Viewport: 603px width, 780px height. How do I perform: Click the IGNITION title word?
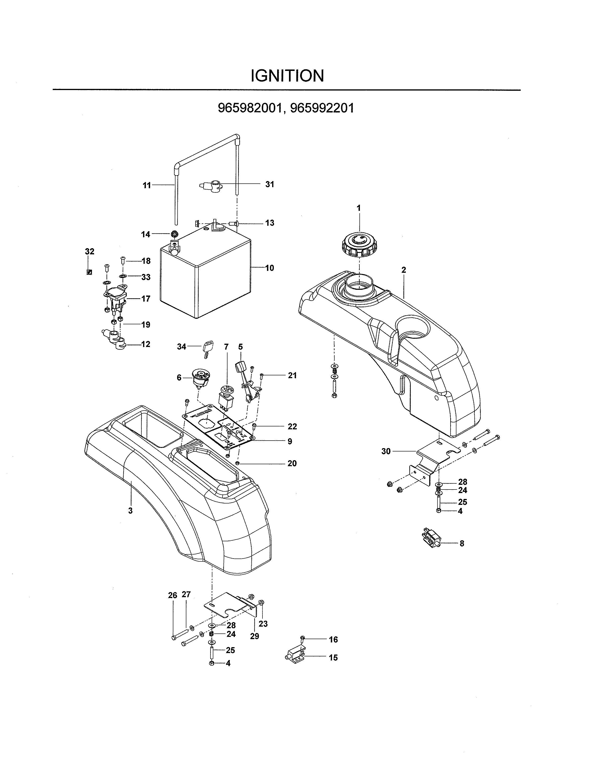pyautogui.click(x=287, y=76)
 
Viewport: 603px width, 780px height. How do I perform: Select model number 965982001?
pyautogui.click(x=249, y=108)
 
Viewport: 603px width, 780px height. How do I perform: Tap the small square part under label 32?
pyautogui.click(x=89, y=272)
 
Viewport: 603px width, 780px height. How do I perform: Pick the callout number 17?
pyautogui.click(x=146, y=299)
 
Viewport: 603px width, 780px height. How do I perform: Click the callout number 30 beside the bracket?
pyautogui.click(x=386, y=451)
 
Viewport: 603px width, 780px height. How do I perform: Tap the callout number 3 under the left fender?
pyautogui.click(x=130, y=511)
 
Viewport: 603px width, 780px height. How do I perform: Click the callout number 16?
pyautogui.click(x=333, y=639)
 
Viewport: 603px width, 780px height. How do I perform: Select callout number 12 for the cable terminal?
pyautogui.click(x=146, y=344)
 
